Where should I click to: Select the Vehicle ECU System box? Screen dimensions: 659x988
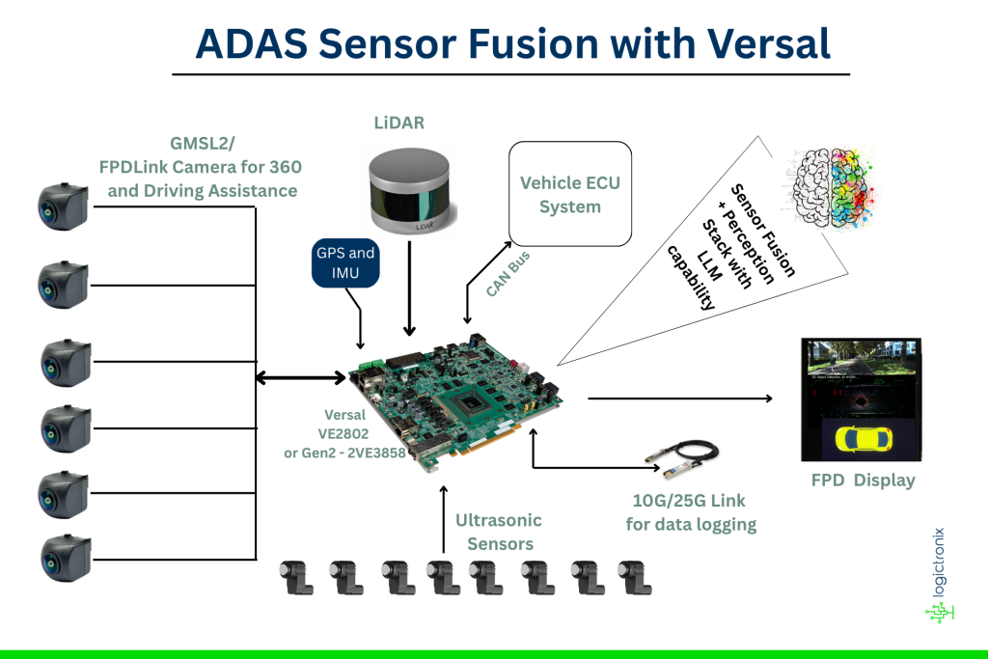point(570,194)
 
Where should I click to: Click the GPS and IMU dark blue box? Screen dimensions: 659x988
point(345,263)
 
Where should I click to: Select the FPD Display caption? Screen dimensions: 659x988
point(862,481)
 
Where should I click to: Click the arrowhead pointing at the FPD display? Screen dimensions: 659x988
point(769,398)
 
